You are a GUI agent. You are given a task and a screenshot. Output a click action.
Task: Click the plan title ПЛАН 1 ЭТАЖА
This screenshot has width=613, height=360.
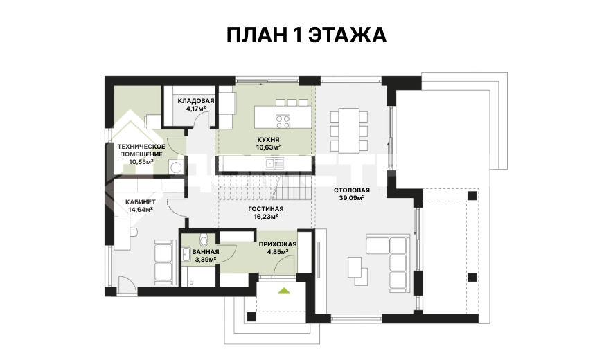point(306,35)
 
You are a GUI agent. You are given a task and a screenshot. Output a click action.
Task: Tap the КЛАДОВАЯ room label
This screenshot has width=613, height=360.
point(196,101)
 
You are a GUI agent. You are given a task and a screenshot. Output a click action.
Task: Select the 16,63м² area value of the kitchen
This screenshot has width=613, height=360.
point(268,147)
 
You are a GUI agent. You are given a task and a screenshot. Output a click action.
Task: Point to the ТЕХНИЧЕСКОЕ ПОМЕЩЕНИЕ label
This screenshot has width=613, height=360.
point(141,150)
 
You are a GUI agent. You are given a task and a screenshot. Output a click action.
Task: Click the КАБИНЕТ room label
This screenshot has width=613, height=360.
point(141,202)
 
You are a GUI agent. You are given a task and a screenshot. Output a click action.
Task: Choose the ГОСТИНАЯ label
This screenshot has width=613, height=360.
point(266,209)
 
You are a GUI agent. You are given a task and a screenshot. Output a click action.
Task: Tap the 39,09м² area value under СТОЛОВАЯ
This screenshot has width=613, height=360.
point(352,198)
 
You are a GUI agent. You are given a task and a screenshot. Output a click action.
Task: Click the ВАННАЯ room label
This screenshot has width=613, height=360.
point(206,252)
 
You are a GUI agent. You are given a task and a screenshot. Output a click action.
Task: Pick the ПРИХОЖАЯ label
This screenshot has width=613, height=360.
point(278,244)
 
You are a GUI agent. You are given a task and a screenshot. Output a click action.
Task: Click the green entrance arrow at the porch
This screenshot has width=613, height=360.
point(284,291)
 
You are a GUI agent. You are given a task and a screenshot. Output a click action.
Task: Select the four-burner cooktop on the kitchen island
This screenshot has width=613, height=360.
point(283,121)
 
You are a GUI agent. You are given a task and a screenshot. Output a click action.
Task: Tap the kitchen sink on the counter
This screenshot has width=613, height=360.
point(274,163)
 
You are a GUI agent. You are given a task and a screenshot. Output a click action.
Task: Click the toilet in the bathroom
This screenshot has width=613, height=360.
point(203,240)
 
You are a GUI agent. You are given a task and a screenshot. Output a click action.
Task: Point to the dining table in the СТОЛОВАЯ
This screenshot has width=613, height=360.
point(348,130)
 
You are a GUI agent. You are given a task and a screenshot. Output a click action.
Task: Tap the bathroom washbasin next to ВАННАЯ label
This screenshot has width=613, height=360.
point(186,255)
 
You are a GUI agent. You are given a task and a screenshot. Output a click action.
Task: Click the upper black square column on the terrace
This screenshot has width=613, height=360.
point(472,195)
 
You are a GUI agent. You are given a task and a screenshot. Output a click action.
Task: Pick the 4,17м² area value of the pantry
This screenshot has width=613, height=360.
point(196,109)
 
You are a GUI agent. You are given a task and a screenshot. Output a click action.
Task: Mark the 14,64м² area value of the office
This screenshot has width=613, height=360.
point(141,210)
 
